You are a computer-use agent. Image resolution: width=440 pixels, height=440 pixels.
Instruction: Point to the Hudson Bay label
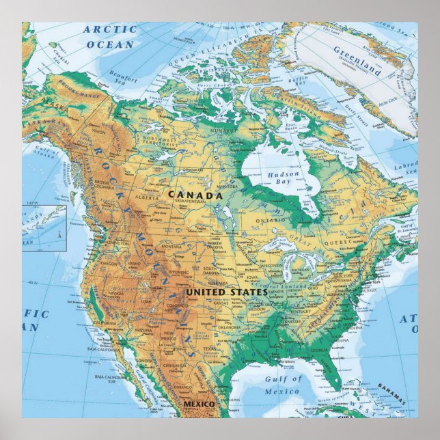[x=283, y=179]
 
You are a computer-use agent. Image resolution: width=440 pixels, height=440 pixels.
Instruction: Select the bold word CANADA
[x=196, y=195]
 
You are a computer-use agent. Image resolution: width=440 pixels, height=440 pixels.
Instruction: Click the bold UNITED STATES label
[x=227, y=292]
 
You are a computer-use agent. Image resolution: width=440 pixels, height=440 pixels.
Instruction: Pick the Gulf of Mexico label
[x=281, y=385]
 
